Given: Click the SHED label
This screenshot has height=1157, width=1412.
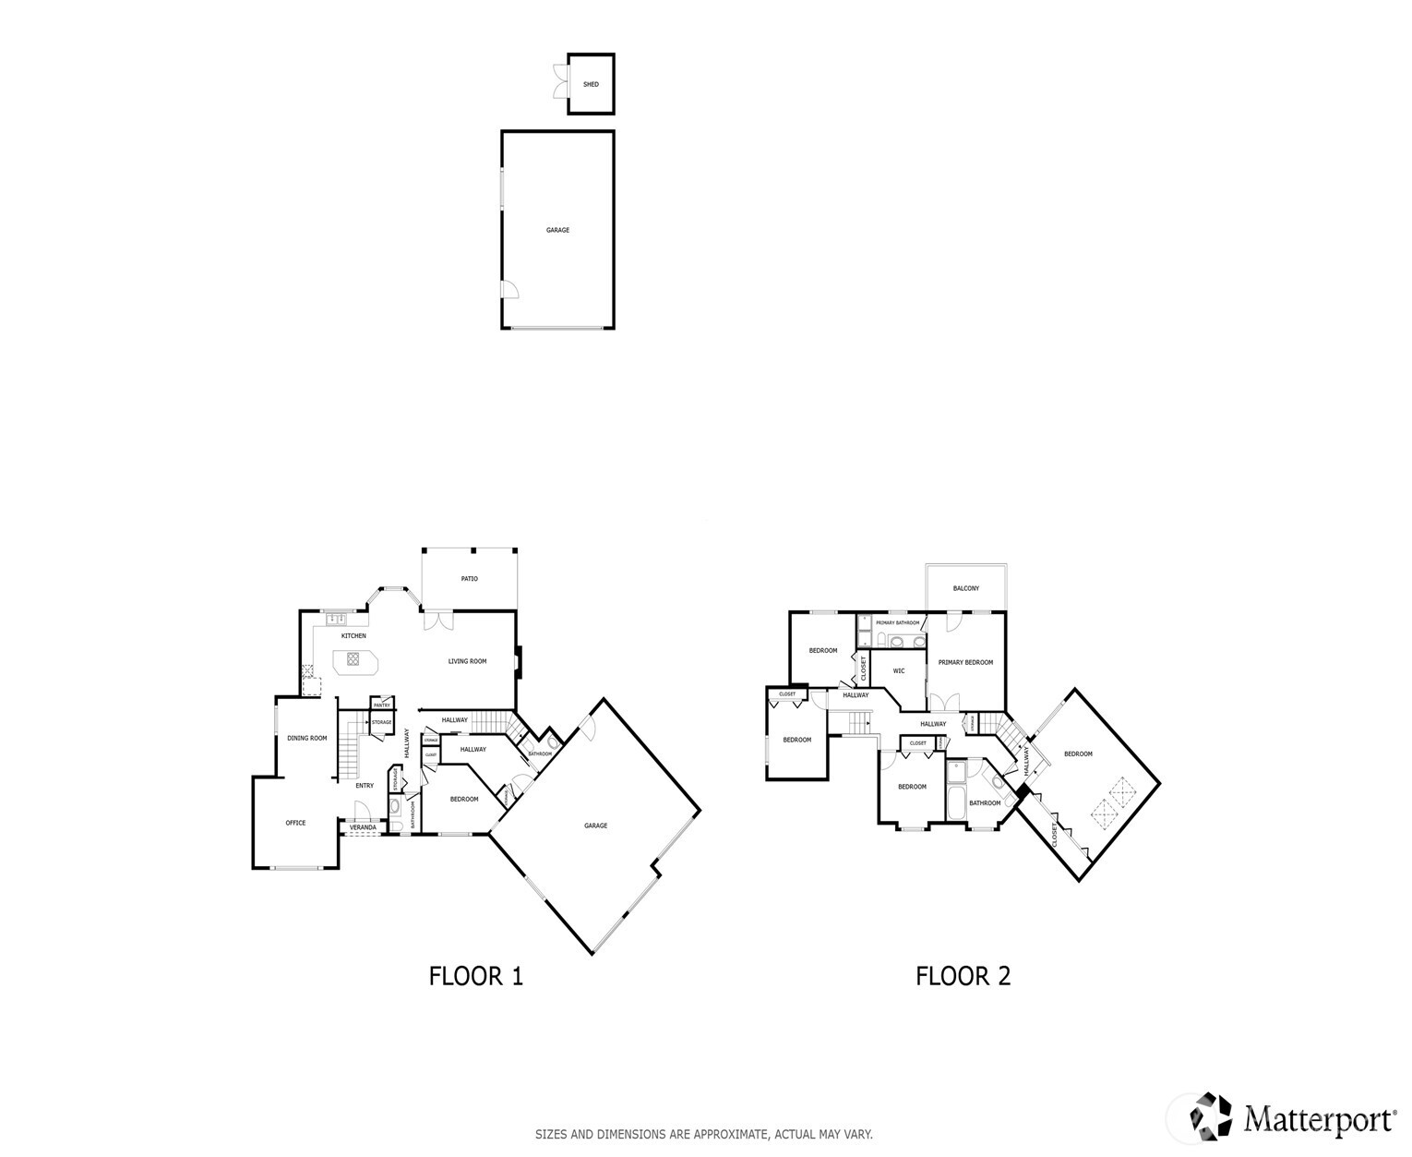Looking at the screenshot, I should (591, 84).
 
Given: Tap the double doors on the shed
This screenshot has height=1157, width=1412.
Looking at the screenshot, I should (559, 81).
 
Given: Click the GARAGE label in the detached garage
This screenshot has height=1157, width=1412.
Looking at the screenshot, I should (557, 230).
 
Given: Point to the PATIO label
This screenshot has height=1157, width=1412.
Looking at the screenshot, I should (470, 579).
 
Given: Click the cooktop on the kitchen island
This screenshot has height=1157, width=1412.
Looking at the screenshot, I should (353, 658).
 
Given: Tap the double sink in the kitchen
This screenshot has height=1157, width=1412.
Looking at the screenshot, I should (334, 619).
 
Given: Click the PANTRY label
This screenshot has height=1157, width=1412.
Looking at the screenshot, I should (382, 705).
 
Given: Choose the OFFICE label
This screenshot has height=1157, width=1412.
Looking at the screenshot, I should (295, 823).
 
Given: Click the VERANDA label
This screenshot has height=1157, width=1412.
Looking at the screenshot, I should (363, 827).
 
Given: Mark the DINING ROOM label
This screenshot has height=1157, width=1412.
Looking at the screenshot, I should (306, 738).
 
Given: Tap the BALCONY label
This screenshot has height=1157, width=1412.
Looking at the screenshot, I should (966, 588).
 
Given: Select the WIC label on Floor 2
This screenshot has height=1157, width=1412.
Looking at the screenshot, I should (899, 671).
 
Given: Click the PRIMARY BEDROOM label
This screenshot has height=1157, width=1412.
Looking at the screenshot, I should (965, 662).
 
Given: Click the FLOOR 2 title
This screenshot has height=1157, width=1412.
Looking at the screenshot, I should (963, 976).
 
